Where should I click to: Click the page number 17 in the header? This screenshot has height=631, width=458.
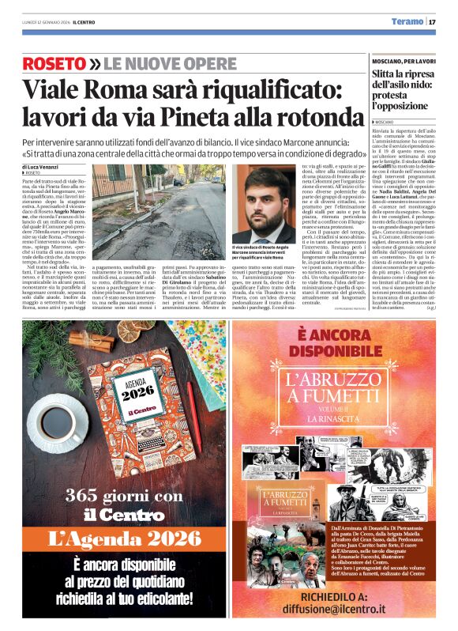(x=433, y=21)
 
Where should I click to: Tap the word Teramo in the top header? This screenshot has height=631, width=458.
(x=408, y=21)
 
